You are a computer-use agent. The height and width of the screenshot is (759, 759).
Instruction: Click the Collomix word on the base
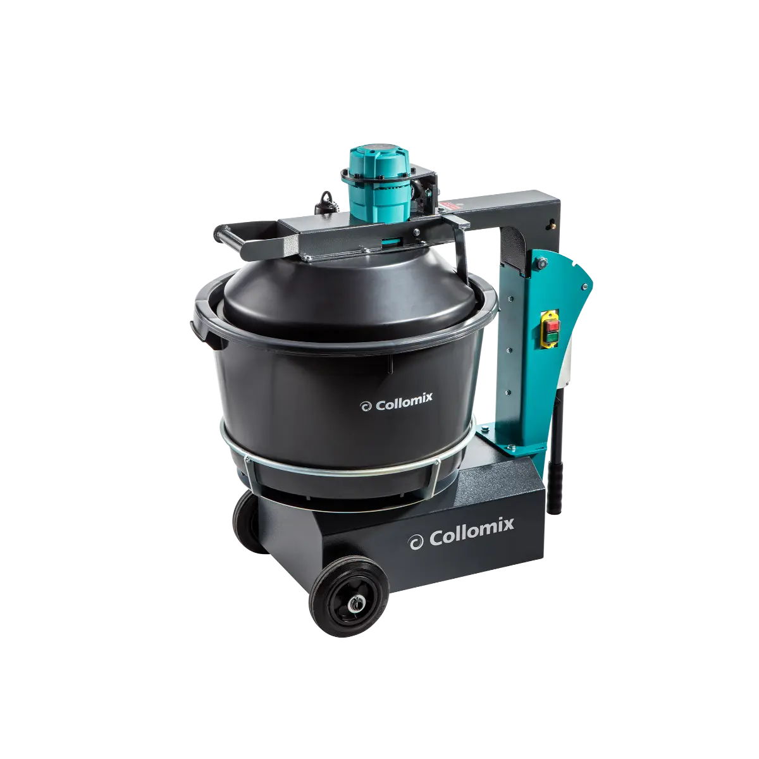pos(472,524)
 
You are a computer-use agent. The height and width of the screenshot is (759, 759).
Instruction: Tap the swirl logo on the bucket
pos(365,407)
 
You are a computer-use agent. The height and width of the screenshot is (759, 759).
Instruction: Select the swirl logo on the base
pos(416,541)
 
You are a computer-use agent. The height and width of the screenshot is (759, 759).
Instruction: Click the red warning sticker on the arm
pos(450,206)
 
